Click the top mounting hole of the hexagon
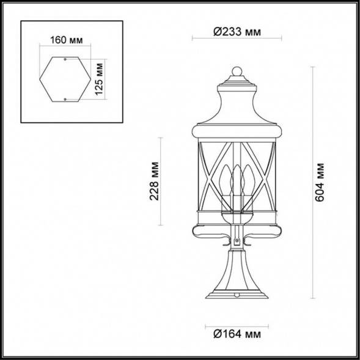point(65,60)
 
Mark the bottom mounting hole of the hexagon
point(65,98)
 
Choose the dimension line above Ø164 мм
point(236,323)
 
